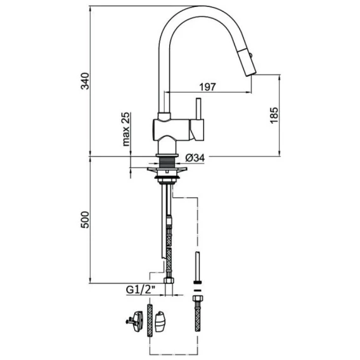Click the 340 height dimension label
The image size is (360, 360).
point(85,80)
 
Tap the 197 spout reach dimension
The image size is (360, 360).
point(207,87)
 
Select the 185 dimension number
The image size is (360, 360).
point(274,115)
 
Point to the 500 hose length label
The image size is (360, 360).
point(85,220)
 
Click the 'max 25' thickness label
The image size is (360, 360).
point(126,129)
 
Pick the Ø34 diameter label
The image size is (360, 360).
point(195,158)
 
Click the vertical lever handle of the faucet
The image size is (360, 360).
point(198,109)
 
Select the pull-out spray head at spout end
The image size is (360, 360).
point(246,61)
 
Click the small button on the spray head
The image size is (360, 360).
point(252,55)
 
